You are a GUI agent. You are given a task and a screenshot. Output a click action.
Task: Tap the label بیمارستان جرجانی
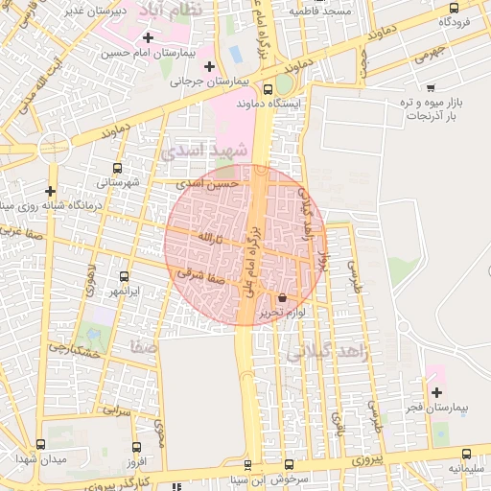click(x=202, y=82)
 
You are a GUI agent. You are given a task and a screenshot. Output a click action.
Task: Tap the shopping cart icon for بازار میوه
click(x=431, y=87)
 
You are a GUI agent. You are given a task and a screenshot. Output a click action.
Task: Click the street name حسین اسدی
click(x=212, y=182)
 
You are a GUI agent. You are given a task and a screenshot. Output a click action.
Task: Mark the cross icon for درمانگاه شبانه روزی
click(x=50, y=191)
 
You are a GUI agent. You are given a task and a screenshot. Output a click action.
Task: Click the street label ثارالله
click(x=209, y=236)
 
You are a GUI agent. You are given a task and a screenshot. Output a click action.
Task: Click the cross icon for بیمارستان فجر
click(x=437, y=392)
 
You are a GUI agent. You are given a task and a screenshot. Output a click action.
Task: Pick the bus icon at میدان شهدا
click(x=39, y=445)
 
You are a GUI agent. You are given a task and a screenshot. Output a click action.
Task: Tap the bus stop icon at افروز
click(x=135, y=447)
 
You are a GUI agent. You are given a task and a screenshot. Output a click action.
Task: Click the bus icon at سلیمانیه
click(x=468, y=454)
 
